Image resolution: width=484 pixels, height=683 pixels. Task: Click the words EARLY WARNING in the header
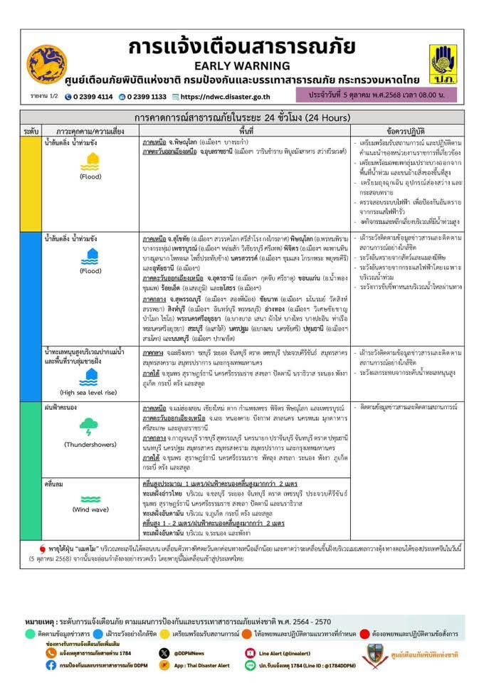[241, 63]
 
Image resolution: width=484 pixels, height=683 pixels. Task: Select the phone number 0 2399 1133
[147, 97]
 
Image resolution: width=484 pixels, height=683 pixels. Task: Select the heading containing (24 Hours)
[241, 117]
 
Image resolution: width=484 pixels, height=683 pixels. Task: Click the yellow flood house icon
[90, 164]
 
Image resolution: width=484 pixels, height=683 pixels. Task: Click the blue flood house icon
[90, 257]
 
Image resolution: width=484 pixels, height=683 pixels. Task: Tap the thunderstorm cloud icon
[90, 428]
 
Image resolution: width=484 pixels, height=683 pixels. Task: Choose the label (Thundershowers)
[90, 445]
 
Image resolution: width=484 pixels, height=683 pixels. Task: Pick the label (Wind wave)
[90, 509]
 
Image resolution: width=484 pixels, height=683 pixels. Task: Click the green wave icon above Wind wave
[90, 497]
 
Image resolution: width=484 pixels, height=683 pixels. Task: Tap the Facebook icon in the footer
[51, 665]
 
